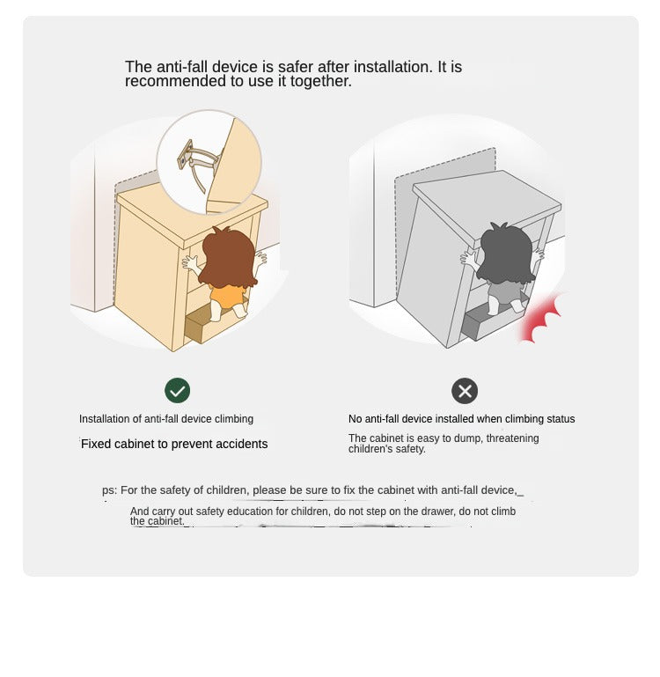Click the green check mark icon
click(x=177, y=390)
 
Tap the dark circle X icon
click(x=465, y=391)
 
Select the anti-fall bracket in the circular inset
click(x=199, y=164)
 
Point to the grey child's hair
click(x=506, y=254)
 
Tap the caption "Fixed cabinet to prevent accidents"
click(x=174, y=444)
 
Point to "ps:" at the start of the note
click(x=110, y=491)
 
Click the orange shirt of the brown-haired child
click(x=226, y=295)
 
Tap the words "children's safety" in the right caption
click(x=387, y=449)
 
